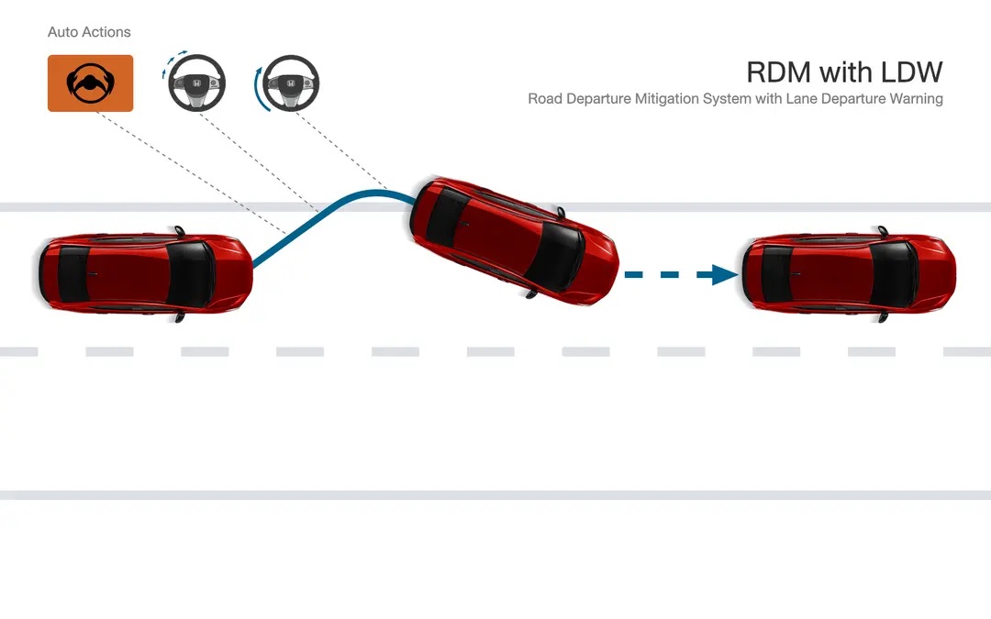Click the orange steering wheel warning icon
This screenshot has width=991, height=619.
[x=90, y=83]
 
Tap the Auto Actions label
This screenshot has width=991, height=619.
[x=89, y=32]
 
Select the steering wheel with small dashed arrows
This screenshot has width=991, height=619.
[x=196, y=83]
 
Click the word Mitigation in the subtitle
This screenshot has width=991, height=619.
[x=668, y=99]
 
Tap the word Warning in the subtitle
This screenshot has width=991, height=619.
[x=916, y=99]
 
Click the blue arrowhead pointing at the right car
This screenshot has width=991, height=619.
[x=724, y=275]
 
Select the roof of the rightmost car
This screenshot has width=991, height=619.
[x=831, y=274]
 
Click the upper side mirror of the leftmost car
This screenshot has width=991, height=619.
[x=180, y=230]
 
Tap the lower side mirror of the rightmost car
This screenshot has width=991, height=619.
[x=883, y=317]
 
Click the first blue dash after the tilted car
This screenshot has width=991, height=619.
[x=633, y=275]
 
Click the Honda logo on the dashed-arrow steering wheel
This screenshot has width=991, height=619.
[x=196, y=83]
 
